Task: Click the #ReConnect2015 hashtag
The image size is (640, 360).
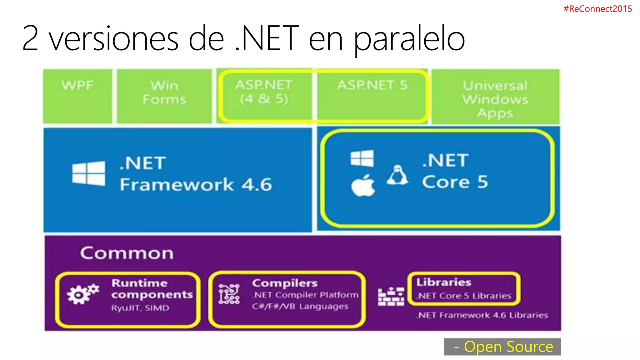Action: point(597,9)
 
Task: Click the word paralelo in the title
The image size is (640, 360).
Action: point(409,39)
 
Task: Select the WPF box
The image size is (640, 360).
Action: point(77,96)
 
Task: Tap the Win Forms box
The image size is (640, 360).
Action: point(164,96)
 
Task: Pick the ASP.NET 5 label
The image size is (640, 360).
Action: point(372,85)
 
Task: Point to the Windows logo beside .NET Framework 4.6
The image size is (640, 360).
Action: point(89,173)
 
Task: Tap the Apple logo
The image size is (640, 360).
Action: point(363,186)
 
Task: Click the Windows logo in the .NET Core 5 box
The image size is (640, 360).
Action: point(362,158)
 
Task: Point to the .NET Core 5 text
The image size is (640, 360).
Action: point(455,171)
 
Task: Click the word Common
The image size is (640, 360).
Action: point(127,253)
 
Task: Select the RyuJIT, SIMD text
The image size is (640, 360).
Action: point(140,308)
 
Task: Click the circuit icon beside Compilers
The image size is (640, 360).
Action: point(229,294)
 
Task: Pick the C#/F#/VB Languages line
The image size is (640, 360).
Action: point(300,307)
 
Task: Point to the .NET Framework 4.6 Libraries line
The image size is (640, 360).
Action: point(482,315)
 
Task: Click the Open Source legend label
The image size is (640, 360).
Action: point(502,347)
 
